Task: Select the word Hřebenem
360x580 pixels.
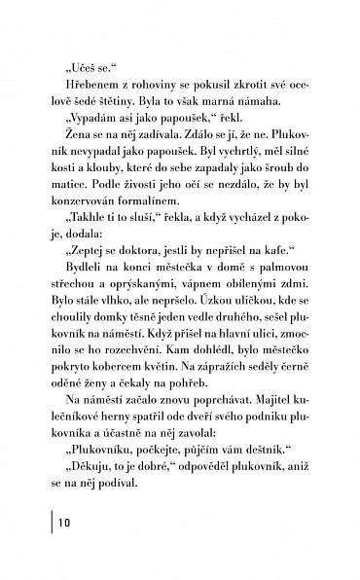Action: [84, 90]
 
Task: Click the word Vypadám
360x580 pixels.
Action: [90, 127]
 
